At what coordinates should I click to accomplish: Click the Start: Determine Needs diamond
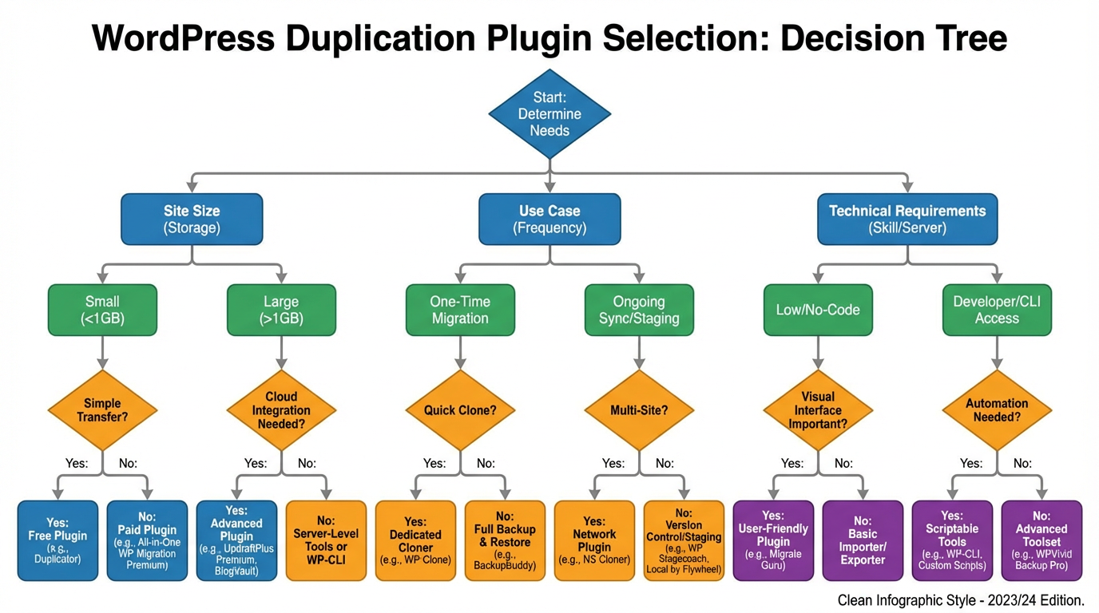pyautogui.click(x=549, y=114)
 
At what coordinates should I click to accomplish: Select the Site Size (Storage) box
pyautogui.click(x=192, y=219)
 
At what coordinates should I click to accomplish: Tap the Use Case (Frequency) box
pyautogui.click(x=549, y=219)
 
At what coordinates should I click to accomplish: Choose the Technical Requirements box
pyautogui.click(x=907, y=219)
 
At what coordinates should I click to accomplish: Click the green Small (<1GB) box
pyautogui.click(x=102, y=310)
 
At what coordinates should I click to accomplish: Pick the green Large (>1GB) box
pyautogui.click(x=281, y=310)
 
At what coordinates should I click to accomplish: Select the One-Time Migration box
pyautogui.click(x=460, y=310)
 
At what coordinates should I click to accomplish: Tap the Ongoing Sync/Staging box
pyautogui.click(x=639, y=310)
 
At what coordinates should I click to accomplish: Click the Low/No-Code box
pyautogui.click(x=818, y=310)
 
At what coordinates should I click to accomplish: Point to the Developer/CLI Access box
pyautogui.click(x=997, y=310)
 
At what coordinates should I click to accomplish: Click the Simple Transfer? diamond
pyautogui.click(x=102, y=410)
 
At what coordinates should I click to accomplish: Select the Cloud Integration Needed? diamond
pyautogui.click(x=281, y=410)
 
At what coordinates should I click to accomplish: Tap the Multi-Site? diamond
pyautogui.click(x=639, y=410)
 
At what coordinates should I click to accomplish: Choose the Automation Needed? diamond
pyautogui.click(x=997, y=410)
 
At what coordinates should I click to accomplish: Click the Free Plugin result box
pyautogui.click(x=58, y=540)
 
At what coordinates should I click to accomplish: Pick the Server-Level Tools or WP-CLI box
pyautogui.click(x=326, y=540)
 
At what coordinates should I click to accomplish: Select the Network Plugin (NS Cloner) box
pyautogui.click(x=594, y=540)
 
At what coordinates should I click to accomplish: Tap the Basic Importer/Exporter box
pyautogui.click(x=863, y=540)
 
